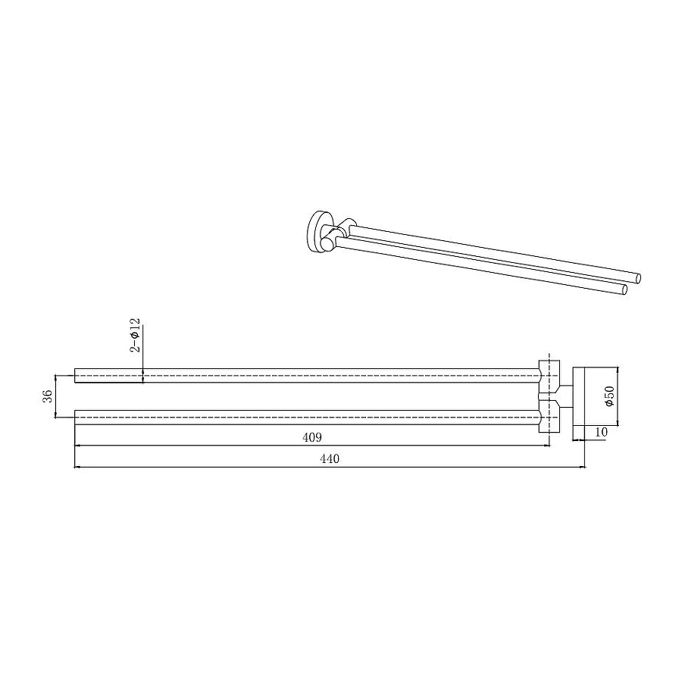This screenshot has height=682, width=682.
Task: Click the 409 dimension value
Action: click(312, 437)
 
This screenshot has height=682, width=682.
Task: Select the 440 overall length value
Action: click(330, 459)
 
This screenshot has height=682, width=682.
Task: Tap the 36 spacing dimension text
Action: click(48, 396)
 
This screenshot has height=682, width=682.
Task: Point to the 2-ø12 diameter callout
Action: click(136, 335)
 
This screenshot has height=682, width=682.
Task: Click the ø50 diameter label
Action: click(609, 396)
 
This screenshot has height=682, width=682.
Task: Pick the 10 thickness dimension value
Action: click(601, 432)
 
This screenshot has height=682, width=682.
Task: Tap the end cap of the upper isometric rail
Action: click(638, 278)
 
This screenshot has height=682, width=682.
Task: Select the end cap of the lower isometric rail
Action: click(624, 290)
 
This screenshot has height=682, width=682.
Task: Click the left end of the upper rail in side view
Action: click(75, 375)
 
